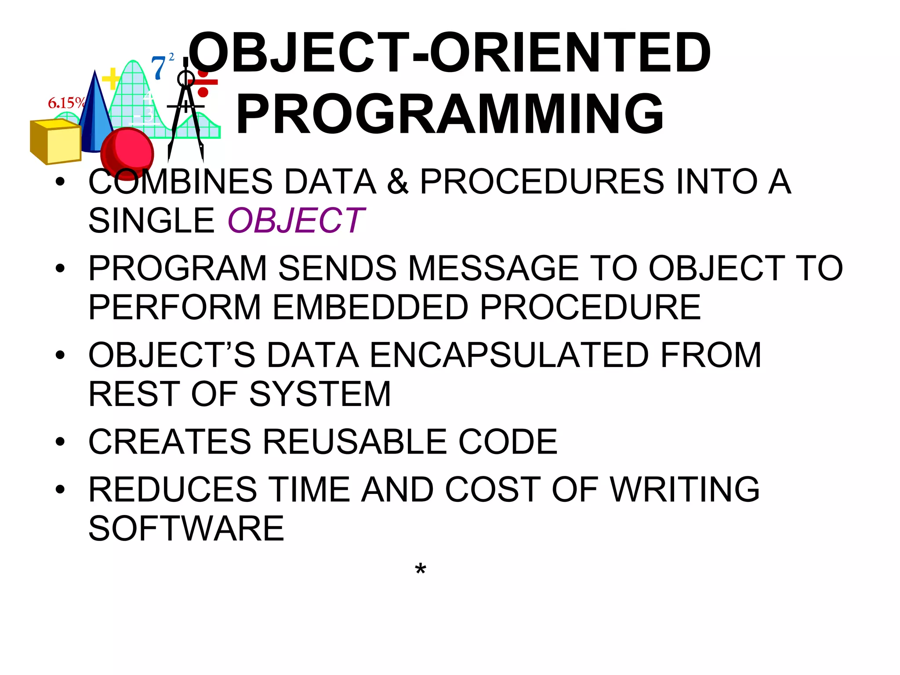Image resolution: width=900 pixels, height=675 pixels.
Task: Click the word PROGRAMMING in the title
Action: [x=450, y=114]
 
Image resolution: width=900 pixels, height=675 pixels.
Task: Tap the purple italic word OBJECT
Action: [x=296, y=221]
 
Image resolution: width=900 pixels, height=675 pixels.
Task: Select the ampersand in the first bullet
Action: [x=397, y=181]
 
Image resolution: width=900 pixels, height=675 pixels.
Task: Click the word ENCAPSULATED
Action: [x=509, y=355]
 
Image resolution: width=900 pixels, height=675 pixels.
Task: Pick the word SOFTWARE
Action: [x=186, y=528]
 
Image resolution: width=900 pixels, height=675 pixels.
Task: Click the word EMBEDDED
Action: [x=370, y=307]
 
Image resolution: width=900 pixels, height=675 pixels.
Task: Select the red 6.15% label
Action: [x=66, y=103]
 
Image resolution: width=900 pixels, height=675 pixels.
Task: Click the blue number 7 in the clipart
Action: [x=158, y=68]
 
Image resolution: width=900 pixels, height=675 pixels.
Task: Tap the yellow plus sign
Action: [x=111, y=79]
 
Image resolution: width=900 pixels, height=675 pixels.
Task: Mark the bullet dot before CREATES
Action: [x=60, y=442]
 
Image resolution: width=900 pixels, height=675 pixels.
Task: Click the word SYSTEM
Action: [x=320, y=394]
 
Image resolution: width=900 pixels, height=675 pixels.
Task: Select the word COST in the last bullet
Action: [x=493, y=489]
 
